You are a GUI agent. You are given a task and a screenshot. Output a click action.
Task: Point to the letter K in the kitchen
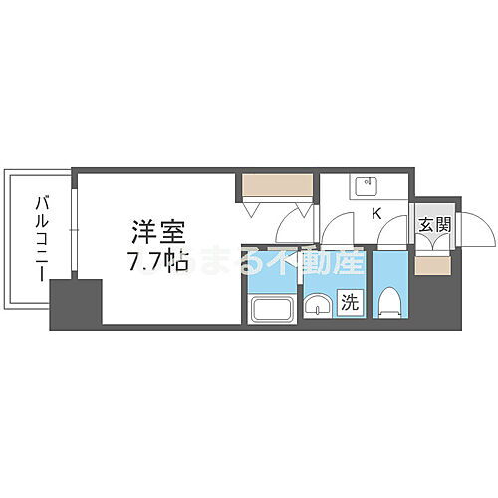coord(377,213)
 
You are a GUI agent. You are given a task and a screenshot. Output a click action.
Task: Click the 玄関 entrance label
coord(433,224)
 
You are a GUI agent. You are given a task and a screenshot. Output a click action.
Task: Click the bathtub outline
coord(270,308)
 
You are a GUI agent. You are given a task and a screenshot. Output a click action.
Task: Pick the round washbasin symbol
coord(317,307)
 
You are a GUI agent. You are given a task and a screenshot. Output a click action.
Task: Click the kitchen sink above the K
coord(365,186)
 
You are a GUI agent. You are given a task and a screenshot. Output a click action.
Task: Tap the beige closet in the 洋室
coord(277,185)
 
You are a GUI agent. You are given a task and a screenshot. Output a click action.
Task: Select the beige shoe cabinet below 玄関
coord(432,264)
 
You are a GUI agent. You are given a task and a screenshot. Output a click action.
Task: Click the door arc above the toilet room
coord(394,234)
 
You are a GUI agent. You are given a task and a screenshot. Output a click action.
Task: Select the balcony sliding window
coord(72,229)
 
